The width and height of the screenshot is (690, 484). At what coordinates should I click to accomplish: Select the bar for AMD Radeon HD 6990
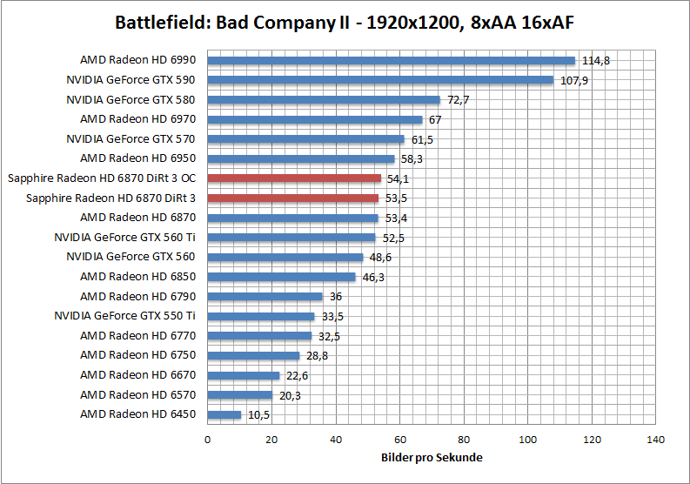[x=392, y=60]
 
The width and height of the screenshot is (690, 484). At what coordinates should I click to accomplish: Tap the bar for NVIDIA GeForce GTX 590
[x=380, y=80]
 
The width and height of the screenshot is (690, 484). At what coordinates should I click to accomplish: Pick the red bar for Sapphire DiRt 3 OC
[x=294, y=178]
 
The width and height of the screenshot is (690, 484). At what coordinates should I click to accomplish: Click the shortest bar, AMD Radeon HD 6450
[x=224, y=414]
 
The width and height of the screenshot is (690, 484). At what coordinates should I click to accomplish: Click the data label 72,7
[x=458, y=100]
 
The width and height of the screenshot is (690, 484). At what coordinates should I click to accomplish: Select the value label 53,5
[x=396, y=198]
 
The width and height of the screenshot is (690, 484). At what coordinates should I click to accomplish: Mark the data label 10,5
[x=258, y=415]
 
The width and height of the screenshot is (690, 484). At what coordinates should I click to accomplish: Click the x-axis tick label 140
[x=656, y=440]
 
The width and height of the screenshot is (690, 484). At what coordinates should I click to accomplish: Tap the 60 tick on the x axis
[x=399, y=440]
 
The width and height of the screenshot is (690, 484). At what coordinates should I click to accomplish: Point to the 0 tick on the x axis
[x=207, y=440]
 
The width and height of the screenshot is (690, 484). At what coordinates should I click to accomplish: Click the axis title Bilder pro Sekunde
[x=432, y=457]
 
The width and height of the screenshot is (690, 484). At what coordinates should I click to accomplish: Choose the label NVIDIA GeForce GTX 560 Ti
[x=124, y=237]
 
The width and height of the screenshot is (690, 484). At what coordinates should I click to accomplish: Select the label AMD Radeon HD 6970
[x=137, y=119]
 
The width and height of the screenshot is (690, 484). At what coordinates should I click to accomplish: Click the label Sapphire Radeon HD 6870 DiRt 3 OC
[x=101, y=178]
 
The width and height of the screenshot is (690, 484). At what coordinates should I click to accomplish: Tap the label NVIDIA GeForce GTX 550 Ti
[x=124, y=316]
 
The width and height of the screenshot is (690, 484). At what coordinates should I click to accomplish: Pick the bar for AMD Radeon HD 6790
[x=265, y=297]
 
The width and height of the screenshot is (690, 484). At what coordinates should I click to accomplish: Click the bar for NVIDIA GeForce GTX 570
[x=305, y=139]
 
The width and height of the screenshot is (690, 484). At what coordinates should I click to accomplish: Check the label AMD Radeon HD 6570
[x=137, y=394]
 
